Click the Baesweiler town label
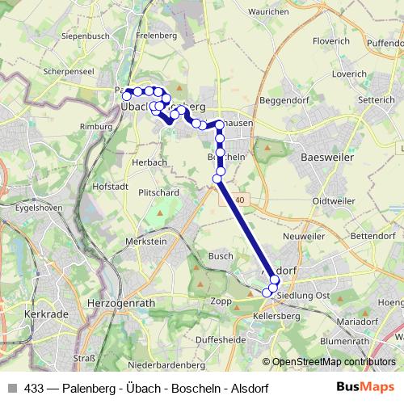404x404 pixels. (326, 158)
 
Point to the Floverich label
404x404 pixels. (331, 40)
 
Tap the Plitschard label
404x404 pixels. (158, 193)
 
